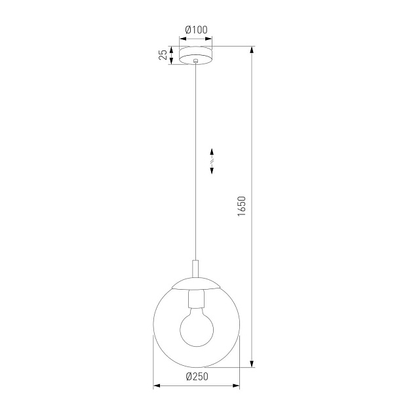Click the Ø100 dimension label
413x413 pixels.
[197, 29]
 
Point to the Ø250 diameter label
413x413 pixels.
[197, 376]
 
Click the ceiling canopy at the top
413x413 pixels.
[196, 54]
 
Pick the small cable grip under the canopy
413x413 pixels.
[196, 63]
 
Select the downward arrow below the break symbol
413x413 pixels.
[212, 169]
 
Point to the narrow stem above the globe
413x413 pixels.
[196, 269]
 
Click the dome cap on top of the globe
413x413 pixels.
[196, 284]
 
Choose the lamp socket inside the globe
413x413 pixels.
[196, 300]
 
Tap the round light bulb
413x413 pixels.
[196, 328]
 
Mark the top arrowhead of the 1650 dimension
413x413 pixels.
[252, 50]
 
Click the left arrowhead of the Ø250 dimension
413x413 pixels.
[156, 385]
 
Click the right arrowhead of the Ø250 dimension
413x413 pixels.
[237, 385]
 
